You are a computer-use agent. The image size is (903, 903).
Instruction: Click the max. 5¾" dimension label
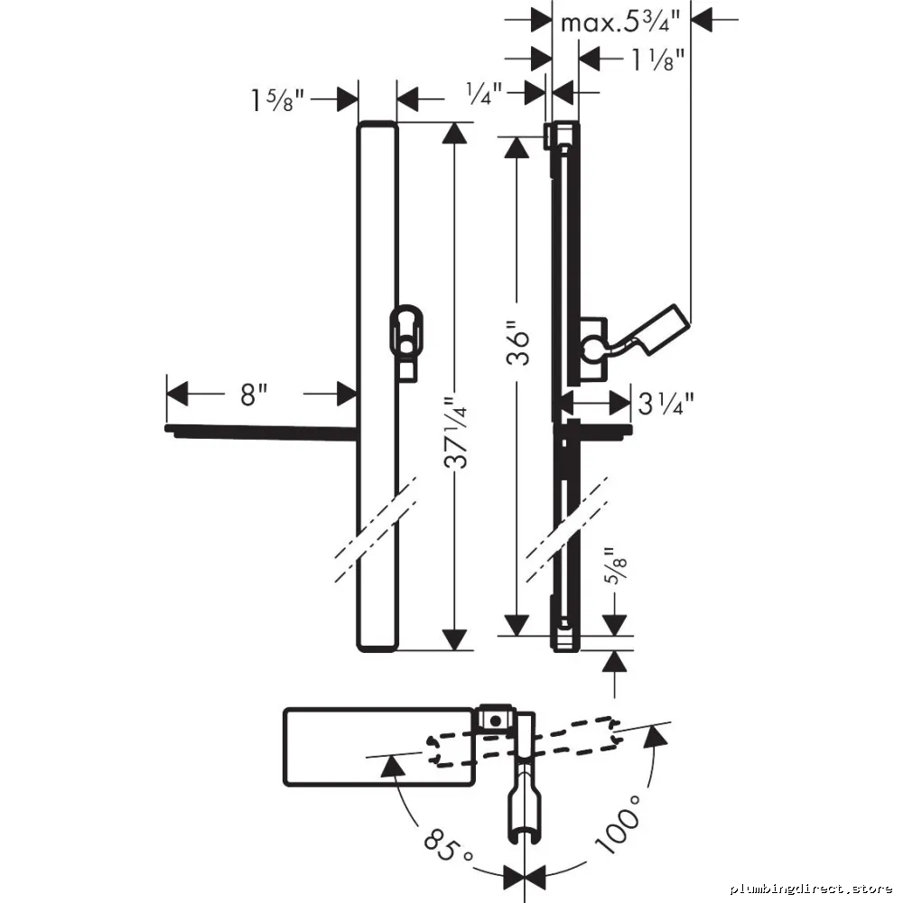pyautogui.click(x=620, y=23)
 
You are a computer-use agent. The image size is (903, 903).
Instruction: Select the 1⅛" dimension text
pyautogui.click(x=657, y=60)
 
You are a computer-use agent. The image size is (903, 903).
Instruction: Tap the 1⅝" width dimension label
pyautogui.click(x=277, y=100)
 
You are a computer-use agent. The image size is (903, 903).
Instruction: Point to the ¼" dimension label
pyautogui.click(x=484, y=93)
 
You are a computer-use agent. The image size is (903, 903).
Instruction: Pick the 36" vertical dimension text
pyautogui.click(x=517, y=348)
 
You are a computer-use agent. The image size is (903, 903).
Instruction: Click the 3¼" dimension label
pyautogui.click(x=666, y=404)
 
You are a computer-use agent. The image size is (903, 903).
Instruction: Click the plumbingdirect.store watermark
pyautogui.click(x=811, y=889)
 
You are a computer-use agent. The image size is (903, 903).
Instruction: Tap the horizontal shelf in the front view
pyautogui.click(x=261, y=432)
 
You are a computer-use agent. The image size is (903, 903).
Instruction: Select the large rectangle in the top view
pyautogui.click(x=379, y=747)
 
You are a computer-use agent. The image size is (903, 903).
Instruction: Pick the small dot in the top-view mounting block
pyautogui.click(x=495, y=720)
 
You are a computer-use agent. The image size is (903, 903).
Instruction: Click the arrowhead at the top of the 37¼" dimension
pyautogui.click(x=455, y=133)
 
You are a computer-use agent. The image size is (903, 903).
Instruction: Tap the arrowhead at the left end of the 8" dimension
pyautogui.click(x=177, y=394)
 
